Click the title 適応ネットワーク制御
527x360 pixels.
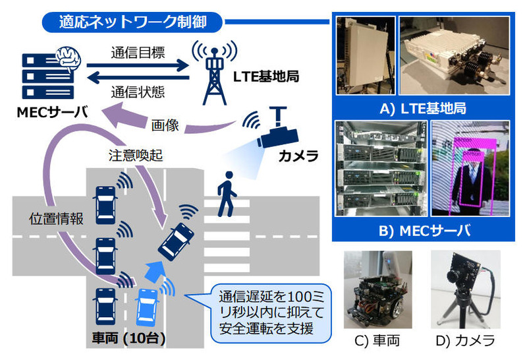tap(125, 21)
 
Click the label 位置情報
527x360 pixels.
tap(57, 220)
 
